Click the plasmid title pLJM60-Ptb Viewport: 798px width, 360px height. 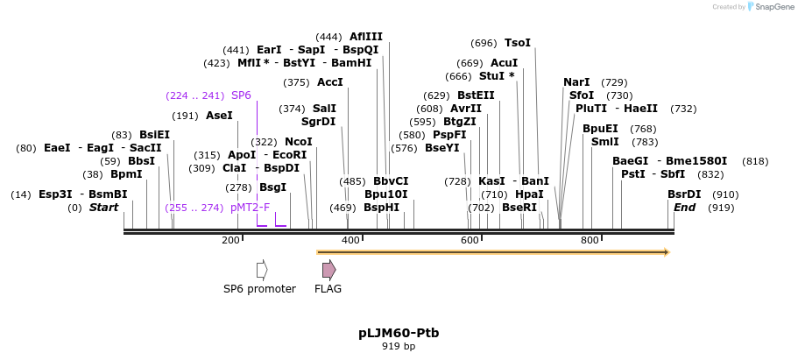coord(399,333)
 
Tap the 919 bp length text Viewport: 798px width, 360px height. coord(399,347)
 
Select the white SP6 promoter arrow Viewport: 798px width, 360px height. coord(262,270)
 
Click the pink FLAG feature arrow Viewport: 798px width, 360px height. coord(328,270)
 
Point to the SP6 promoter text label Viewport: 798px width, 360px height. coord(259,289)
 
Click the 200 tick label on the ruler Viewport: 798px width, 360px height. coord(230,240)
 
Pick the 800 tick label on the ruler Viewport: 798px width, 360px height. coord(590,240)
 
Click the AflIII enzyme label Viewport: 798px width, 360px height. coord(366,37)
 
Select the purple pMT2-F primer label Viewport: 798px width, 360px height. coord(250,208)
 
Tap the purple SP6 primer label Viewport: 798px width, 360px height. coord(241,95)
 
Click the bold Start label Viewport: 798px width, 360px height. coord(103,208)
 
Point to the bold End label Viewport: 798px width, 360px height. coord(684,208)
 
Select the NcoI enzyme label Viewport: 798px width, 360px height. coord(299,142)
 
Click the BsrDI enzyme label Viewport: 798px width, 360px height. coord(684,194)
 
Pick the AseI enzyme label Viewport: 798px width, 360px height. coord(219,116)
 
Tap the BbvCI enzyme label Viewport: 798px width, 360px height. coord(392,181)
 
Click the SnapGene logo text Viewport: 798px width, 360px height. coord(774,7)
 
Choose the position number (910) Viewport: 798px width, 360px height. coord(725,194)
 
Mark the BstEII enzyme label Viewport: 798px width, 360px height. coord(476,95)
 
